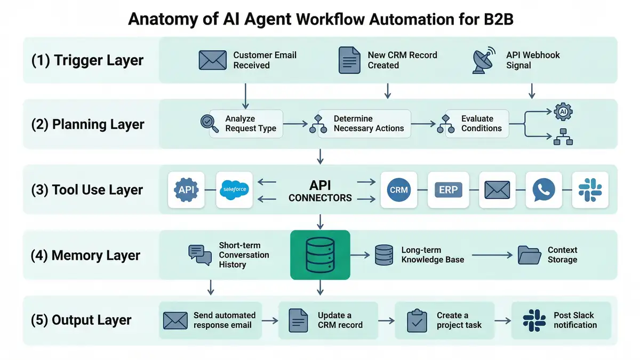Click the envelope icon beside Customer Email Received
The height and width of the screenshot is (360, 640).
coord(212,60)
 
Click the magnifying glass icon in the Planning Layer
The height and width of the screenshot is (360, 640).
coord(209,124)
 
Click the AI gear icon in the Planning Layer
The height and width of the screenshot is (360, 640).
coord(563,111)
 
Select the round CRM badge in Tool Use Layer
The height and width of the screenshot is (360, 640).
coord(398,190)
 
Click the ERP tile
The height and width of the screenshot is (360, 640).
coord(447,190)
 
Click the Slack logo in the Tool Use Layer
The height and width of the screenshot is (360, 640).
coord(590,190)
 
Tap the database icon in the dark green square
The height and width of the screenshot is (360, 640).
coord(320,255)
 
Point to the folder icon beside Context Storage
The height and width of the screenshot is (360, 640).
coord(530,255)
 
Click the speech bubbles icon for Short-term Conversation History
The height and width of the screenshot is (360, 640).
coord(200,255)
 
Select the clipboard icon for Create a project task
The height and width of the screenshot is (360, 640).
coord(417,321)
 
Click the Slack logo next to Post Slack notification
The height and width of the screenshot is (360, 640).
coord(534,321)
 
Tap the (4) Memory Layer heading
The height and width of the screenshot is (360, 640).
coord(85,255)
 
